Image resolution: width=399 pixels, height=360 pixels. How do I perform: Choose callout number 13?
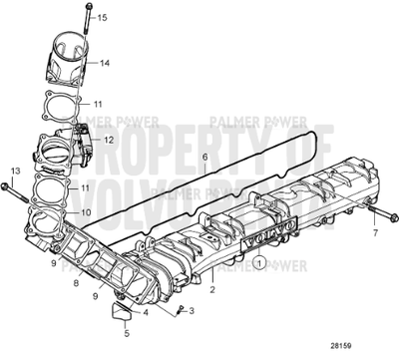coord(13,172)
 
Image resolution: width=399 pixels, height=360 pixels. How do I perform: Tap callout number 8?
coord(76,283)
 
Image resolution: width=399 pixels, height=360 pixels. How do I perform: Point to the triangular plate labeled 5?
coord(119,316)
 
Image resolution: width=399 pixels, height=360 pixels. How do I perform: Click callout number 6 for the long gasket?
coord(203,157)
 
